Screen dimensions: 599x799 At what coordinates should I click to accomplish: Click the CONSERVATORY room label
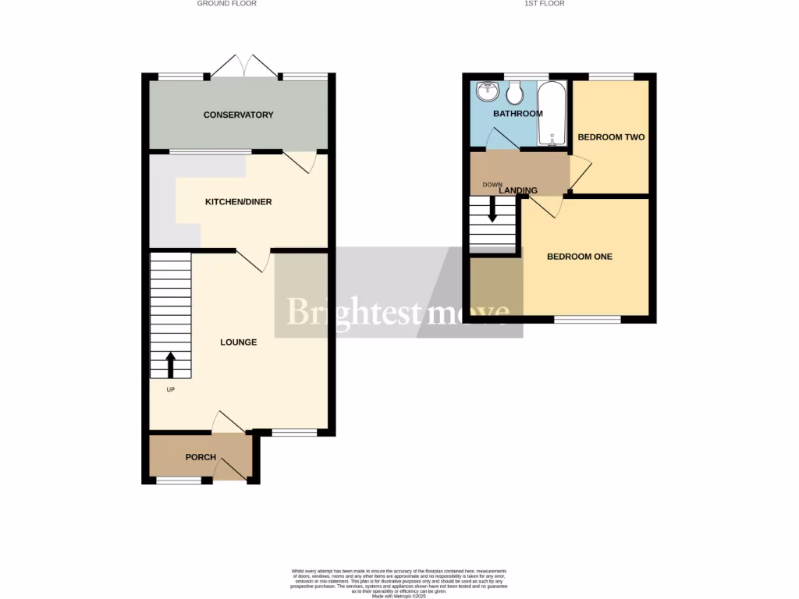pos(238,115)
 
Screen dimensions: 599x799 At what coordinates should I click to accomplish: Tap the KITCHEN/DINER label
pos(238,202)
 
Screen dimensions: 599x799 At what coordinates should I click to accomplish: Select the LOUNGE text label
pos(238,342)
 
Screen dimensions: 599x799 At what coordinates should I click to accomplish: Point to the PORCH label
pos(201,457)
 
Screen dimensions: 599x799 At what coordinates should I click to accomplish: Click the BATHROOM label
pos(517,114)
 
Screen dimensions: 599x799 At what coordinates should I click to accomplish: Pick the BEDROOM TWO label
pos(611,137)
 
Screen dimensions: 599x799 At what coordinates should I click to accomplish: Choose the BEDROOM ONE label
pos(580,257)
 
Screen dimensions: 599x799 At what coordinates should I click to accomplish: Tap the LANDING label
pos(518,190)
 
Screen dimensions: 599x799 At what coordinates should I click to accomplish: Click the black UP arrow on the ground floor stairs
pos(170,365)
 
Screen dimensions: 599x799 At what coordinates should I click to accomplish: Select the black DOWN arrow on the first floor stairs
pos(492,211)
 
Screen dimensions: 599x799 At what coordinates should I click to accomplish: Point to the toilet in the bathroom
pos(514,94)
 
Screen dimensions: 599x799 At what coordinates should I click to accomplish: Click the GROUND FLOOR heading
pos(226,4)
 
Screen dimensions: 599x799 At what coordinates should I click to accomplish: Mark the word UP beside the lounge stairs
pos(170,389)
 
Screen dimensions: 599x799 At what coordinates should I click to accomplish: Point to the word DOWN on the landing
pos(492,185)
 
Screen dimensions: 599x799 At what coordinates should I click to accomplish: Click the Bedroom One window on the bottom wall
pos(588,319)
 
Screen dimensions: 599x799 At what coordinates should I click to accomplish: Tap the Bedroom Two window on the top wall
pos(611,76)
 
